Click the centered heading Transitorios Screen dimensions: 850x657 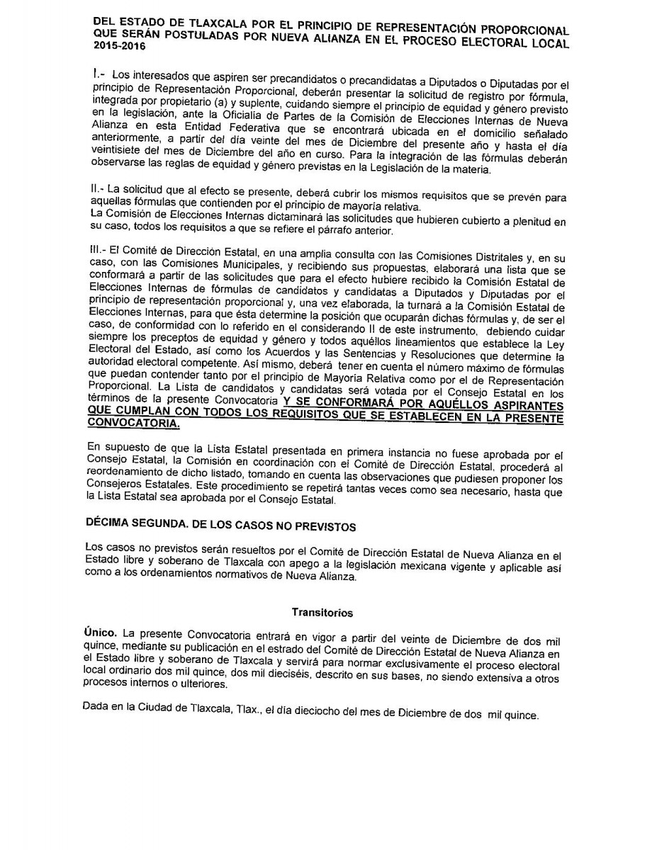(x=322, y=613)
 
